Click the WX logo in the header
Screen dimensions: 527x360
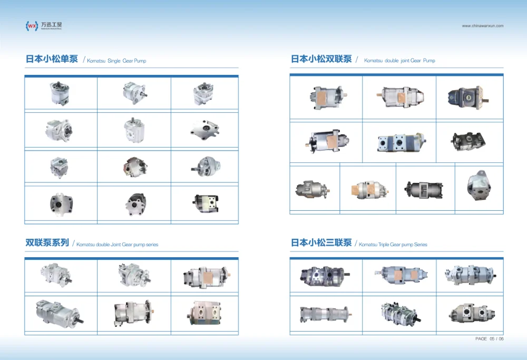point(32,25)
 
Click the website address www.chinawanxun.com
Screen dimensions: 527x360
point(483,26)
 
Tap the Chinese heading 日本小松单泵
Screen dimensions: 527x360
point(52,59)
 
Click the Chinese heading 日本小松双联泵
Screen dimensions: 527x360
point(321,59)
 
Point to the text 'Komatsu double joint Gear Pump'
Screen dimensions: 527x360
point(399,61)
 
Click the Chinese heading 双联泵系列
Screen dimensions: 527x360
point(47,243)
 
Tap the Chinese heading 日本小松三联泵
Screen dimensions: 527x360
point(321,243)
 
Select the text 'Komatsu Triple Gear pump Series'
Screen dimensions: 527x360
point(393,245)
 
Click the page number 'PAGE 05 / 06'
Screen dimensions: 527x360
point(489,339)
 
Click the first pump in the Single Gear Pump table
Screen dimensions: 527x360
point(61,93)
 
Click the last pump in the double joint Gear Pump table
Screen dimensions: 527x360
point(478,187)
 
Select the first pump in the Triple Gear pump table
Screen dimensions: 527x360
point(325,276)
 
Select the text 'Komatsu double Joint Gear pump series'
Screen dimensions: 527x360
point(118,245)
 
